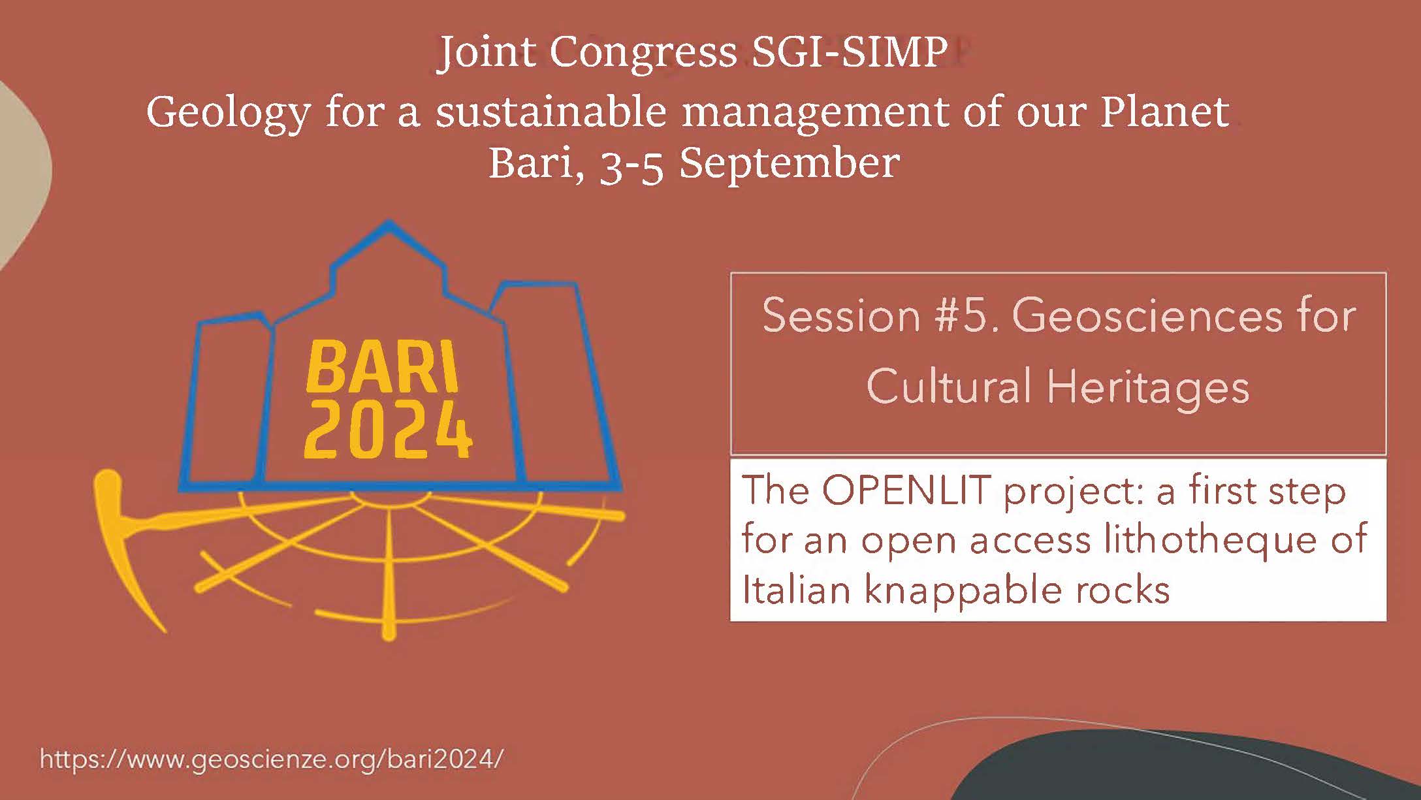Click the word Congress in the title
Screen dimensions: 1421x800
pos(643,54)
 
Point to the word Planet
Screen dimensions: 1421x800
pos(1165,111)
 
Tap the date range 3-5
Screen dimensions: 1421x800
pos(631,165)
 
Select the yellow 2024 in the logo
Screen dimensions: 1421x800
pos(388,429)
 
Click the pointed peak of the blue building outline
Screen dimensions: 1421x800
pos(389,222)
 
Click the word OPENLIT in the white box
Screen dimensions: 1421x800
pos(906,490)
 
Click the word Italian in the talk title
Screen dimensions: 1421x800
pos(796,590)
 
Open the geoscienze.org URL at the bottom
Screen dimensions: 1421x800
pos(272,760)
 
